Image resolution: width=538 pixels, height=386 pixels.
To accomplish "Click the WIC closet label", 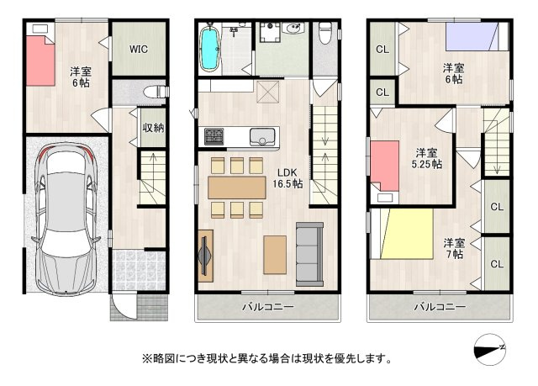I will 139,49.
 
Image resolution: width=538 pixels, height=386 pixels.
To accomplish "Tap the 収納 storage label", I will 152,128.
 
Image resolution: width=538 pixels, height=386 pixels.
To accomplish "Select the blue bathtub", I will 209,50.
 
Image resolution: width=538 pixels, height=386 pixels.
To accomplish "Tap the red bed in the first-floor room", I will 40,57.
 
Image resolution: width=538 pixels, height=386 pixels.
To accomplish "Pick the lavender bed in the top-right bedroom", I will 471,39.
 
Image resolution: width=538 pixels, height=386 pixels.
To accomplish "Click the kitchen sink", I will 261,136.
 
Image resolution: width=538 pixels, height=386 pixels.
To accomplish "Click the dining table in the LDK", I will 236,186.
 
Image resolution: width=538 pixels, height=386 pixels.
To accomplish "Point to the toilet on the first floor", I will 154,90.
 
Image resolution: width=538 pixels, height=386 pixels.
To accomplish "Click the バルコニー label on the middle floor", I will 266,308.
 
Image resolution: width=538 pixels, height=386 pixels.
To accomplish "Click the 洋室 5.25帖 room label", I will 425,158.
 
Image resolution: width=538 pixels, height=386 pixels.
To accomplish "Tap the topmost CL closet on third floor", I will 381,49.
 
